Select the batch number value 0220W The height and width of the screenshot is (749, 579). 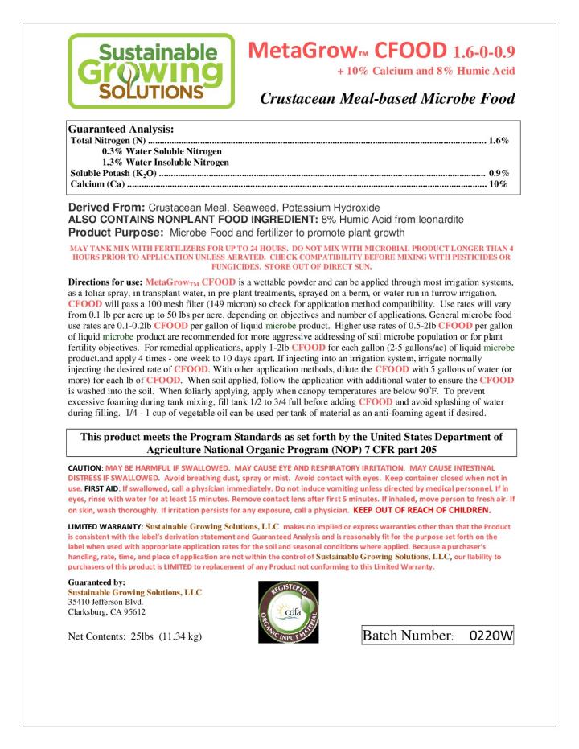[487, 635]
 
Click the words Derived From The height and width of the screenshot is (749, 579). [109, 208]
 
